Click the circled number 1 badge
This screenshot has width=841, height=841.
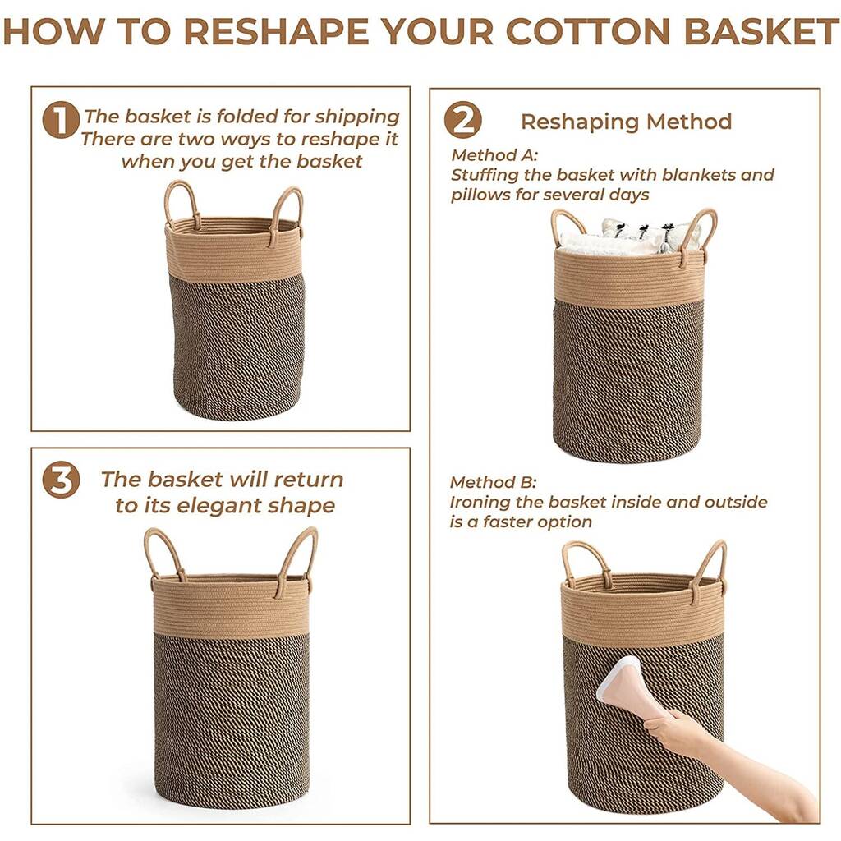(x=60, y=121)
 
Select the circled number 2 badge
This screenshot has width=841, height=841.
(x=462, y=121)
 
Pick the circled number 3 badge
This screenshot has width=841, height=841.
(x=61, y=480)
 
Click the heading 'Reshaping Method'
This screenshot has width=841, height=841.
(x=626, y=122)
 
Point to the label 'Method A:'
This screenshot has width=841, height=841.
(x=494, y=155)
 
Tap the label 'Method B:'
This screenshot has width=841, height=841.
(x=493, y=482)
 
